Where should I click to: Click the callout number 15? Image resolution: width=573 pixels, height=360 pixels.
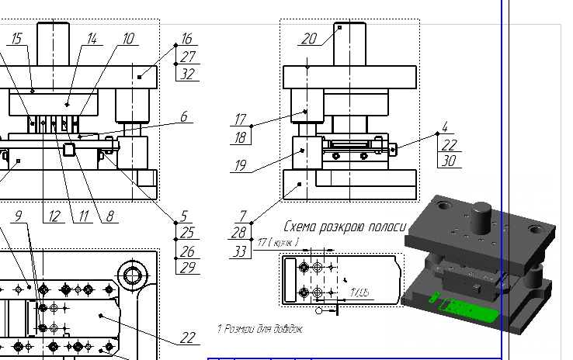18,38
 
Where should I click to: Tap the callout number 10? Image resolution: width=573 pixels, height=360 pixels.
128,38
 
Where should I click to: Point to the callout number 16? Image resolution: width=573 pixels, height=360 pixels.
186,39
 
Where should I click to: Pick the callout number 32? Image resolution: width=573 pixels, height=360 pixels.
186,74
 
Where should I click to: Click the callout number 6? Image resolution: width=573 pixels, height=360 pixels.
184,117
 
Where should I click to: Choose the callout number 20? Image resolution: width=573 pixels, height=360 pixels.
309,40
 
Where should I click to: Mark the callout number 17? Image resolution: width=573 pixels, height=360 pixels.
241,120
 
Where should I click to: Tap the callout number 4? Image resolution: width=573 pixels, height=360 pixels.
445,126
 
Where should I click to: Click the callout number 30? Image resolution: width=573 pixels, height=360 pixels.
447,161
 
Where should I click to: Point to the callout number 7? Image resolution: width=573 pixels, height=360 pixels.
242,215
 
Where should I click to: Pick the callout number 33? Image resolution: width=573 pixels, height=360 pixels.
240,251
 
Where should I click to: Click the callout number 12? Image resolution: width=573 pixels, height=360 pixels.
54,217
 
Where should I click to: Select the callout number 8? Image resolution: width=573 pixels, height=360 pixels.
110,217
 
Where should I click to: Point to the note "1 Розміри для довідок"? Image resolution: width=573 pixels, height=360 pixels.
259,329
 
